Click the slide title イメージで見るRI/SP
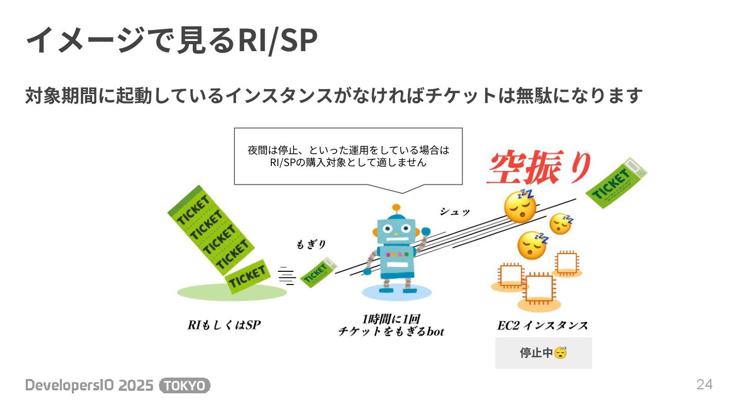(171, 40)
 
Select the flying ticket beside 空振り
(616, 182)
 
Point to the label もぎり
(311, 244)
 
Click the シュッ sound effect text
(454, 212)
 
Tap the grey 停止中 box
(543, 353)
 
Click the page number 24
(704, 385)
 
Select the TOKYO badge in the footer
(185, 386)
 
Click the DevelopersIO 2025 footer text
(90, 386)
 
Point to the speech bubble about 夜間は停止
(348, 156)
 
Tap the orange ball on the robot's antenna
(396, 207)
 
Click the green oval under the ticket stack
(232, 292)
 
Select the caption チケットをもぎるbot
(391, 332)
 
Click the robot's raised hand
(425, 233)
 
